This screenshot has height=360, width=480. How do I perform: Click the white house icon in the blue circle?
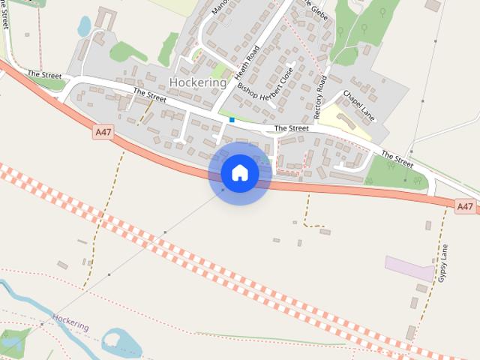tap(239, 172)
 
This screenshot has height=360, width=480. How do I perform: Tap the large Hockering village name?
tap(198, 82)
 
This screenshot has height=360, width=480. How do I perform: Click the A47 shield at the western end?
tap(103, 132)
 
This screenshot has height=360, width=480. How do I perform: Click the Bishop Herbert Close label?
tap(265, 91)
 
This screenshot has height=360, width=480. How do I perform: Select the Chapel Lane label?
tap(358, 106)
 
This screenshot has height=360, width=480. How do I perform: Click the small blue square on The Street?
tap(232, 120)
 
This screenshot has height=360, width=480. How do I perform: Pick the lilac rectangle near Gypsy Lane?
tap(409, 267)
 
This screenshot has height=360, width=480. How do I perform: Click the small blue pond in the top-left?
tap(84, 26)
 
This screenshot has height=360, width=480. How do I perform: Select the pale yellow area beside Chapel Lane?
tap(349, 123)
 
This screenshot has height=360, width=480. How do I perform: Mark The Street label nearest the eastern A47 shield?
tap(397, 159)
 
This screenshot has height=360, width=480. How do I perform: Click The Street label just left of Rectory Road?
tap(291, 129)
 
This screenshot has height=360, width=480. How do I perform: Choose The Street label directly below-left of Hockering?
tap(149, 94)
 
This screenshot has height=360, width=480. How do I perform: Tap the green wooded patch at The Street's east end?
tap(395, 174)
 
